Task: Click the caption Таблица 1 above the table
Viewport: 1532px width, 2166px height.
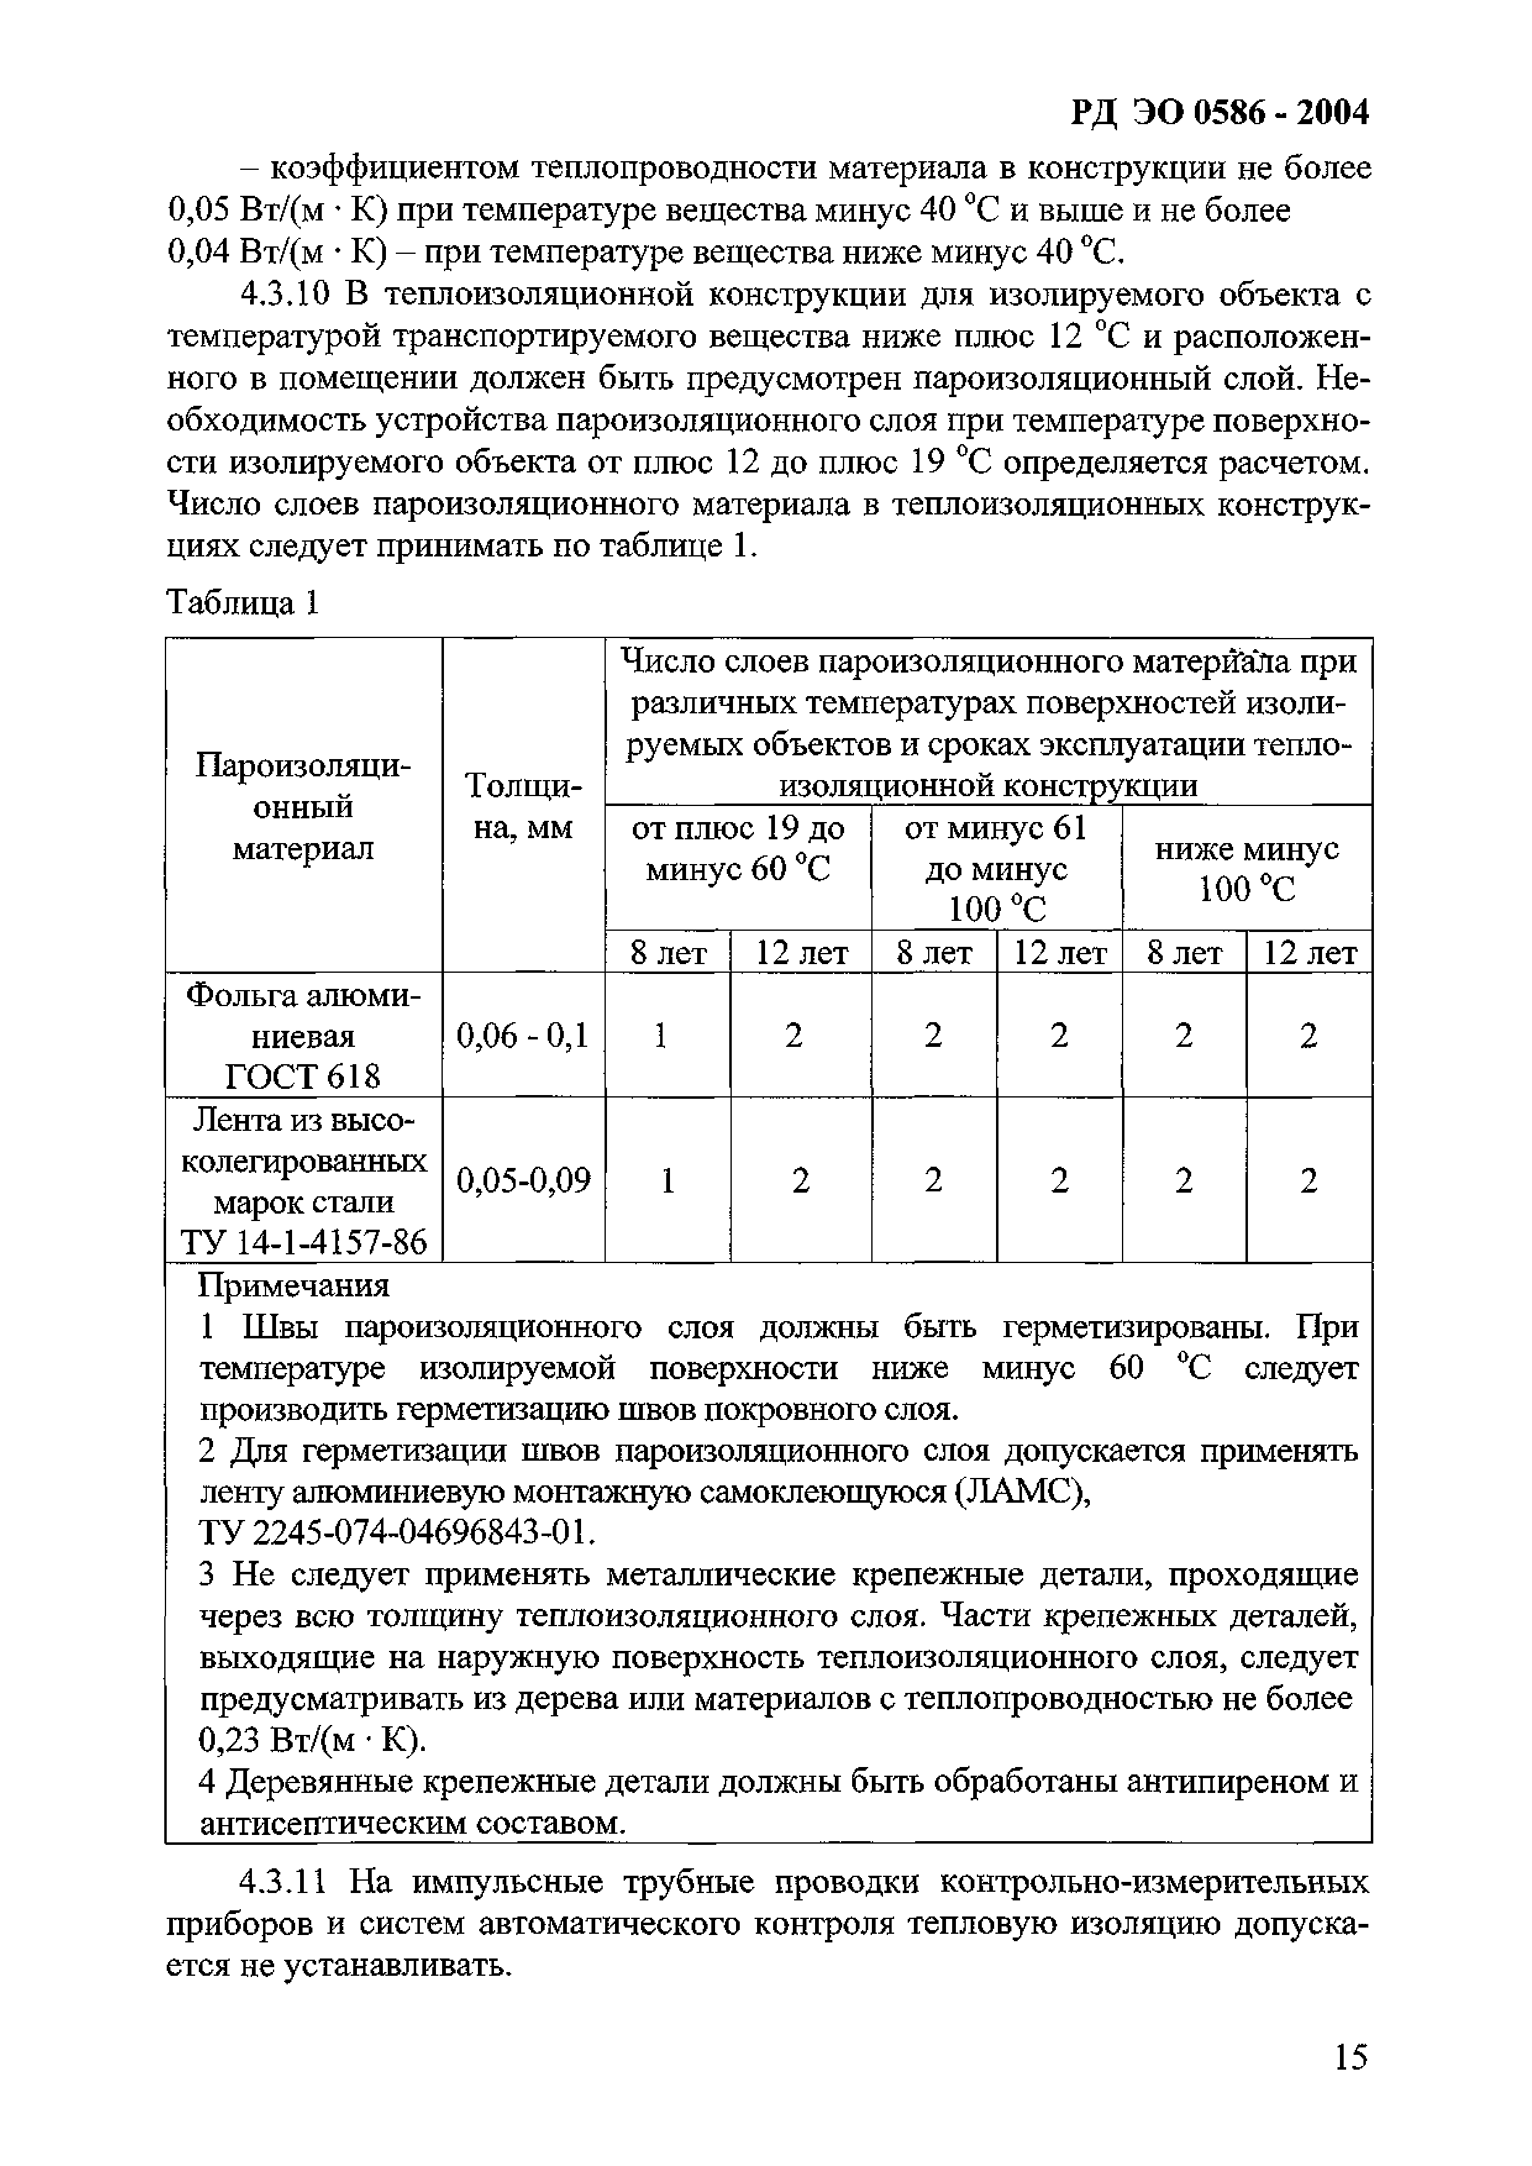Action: click(x=243, y=602)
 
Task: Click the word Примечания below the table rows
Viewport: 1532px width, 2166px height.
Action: click(x=295, y=1286)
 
